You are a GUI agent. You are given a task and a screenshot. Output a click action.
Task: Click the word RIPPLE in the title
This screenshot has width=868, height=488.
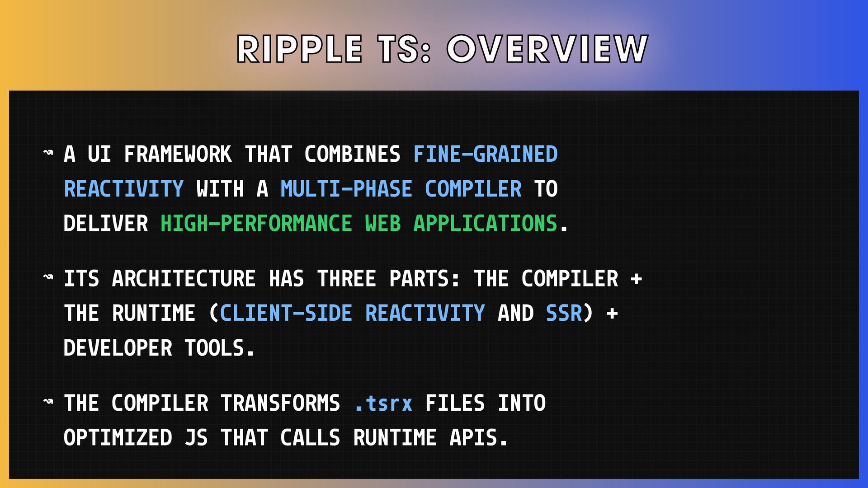[x=300, y=49]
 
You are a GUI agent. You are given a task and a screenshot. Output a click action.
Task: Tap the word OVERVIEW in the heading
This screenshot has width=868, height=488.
[x=547, y=49]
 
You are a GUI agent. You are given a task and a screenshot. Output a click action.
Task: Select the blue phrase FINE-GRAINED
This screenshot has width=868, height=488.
[x=486, y=154]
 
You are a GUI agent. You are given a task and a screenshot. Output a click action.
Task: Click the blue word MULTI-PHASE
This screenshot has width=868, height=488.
[x=346, y=189]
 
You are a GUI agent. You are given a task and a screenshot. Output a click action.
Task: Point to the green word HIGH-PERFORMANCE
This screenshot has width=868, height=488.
[x=256, y=224]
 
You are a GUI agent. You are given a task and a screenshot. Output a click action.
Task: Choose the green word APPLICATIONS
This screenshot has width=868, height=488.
[x=485, y=224]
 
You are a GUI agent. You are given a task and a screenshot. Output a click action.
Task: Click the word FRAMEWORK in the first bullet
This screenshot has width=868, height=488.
[x=178, y=154]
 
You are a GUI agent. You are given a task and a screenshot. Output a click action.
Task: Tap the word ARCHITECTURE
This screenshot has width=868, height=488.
[x=184, y=278]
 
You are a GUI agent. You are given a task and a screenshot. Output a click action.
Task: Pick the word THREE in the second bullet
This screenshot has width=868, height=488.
[x=346, y=278]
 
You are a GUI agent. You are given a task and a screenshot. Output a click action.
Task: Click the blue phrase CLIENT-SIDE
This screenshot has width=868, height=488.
[x=286, y=313]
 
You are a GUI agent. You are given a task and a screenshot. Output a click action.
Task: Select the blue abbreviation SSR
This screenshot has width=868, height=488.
[x=564, y=313]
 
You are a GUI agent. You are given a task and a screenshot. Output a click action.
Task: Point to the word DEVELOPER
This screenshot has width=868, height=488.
[x=118, y=348]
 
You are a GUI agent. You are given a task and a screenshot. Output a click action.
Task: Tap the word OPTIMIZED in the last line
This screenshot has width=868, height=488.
[x=118, y=437]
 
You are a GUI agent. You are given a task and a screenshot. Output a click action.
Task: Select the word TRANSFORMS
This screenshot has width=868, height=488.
[x=280, y=403]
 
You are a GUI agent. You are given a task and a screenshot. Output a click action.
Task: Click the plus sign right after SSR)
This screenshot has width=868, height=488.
[x=612, y=313]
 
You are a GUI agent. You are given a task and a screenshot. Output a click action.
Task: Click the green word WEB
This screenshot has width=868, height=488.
[x=383, y=224]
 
